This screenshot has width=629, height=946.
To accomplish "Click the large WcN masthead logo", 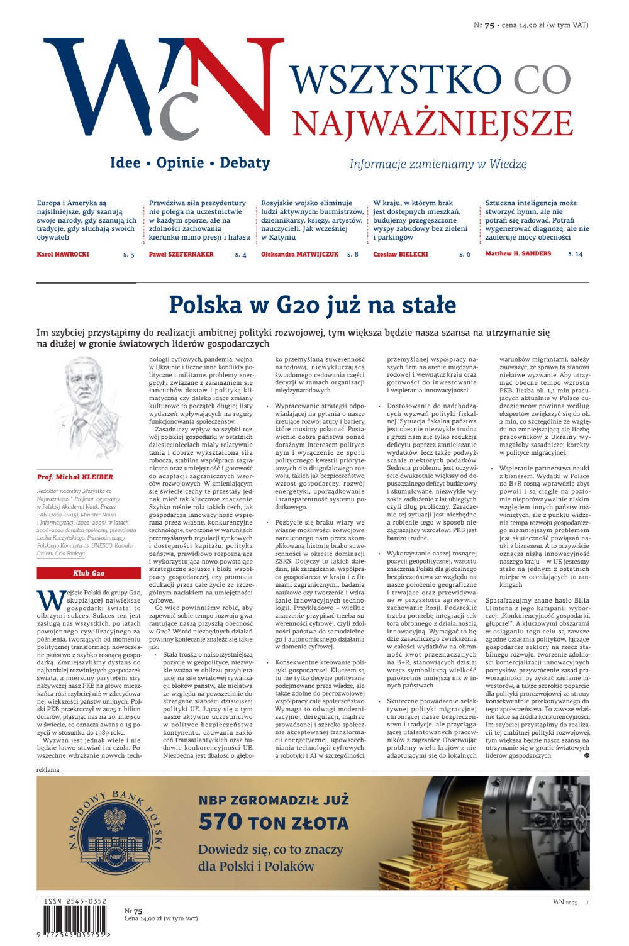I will tap(164, 88).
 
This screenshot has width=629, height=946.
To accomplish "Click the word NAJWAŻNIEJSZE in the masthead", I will tap(432, 124).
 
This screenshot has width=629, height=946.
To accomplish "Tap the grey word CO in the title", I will tap(542, 80).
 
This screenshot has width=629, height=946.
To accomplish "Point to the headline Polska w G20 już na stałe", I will tap(312, 305).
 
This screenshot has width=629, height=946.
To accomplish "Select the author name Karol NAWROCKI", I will tap(63, 255).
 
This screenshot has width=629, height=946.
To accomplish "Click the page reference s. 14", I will tap(575, 254).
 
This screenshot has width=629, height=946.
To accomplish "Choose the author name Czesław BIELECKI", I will tap(401, 255).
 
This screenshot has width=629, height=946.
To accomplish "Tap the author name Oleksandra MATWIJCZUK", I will tap(299, 255).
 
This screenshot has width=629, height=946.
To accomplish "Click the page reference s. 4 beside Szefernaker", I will tap(240, 255).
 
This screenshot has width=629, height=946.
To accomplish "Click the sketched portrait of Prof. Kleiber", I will tap(88, 409).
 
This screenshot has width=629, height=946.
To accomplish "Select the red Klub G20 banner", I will tap(89, 574).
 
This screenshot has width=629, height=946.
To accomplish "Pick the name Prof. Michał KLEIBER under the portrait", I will tap(75, 477).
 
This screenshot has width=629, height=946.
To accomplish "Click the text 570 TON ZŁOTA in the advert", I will tap(273, 822).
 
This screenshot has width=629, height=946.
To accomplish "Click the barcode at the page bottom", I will tap(74, 921).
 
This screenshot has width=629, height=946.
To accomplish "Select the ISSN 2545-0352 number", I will tap(75, 901).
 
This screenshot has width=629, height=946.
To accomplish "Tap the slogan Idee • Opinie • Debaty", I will tap(190, 163).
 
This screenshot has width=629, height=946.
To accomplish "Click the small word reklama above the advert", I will tap(48, 770).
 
